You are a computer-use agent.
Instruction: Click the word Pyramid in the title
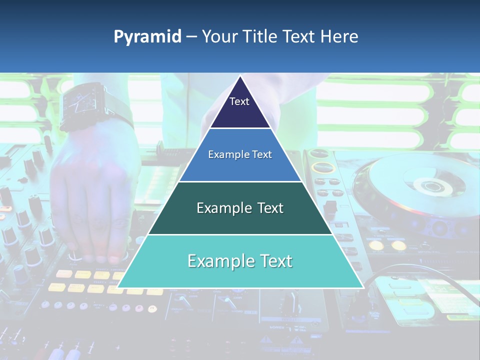tap(147, 37)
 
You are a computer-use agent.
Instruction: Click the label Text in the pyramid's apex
tap(239, 101)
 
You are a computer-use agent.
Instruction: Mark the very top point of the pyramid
tap(240, 76)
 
